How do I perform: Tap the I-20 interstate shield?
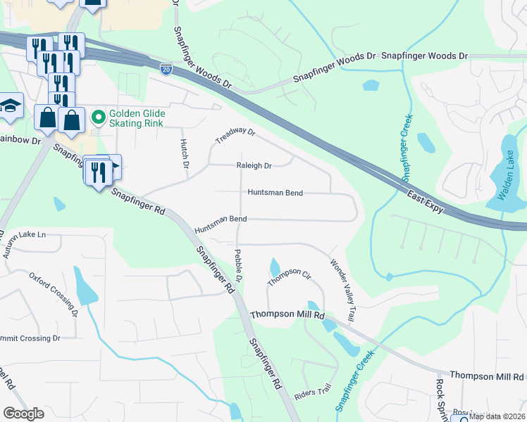point(166,68)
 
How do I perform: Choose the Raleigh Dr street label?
point(254,166)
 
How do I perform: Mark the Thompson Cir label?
point(288,276)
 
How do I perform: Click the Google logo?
point(23,414)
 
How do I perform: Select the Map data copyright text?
point(497,417)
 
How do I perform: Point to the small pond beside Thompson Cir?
point(274,268)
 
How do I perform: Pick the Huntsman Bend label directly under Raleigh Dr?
point(274,192)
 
